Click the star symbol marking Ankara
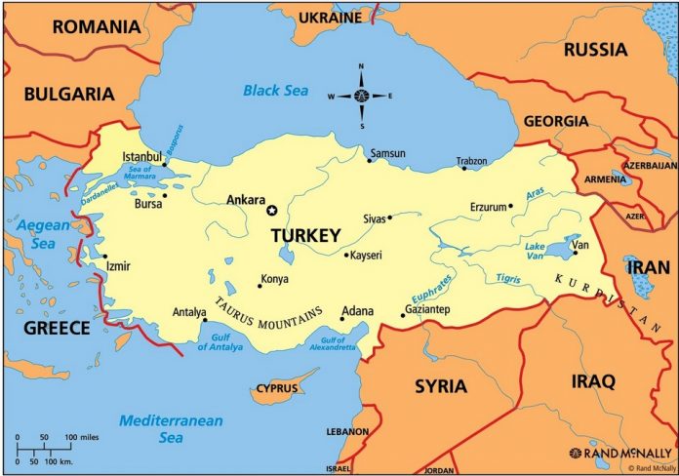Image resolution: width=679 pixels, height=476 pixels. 272,210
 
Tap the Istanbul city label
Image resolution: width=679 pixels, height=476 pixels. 141,157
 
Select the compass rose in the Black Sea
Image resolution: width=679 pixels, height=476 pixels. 361,96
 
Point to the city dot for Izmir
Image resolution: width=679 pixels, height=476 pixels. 105,258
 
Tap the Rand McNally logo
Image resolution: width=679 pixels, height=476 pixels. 620,453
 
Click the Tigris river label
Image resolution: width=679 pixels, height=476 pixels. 508,279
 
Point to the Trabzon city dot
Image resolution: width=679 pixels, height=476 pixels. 464,169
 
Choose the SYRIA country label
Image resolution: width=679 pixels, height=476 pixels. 440,385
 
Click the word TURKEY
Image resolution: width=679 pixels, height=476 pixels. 305,235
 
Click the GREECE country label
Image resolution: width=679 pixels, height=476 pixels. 57,328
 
